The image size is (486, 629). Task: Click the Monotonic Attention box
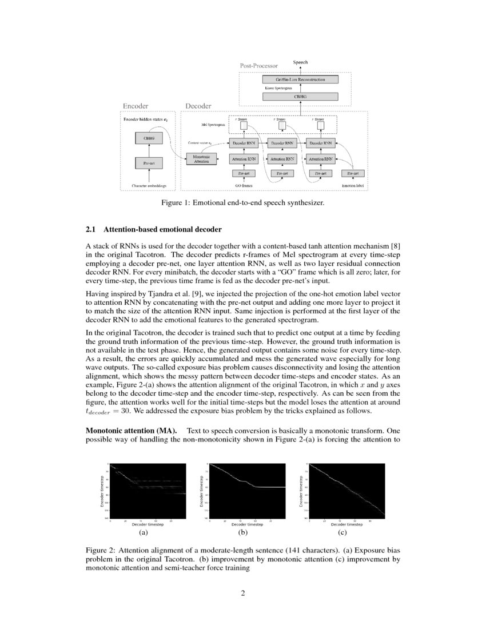coord(201,159)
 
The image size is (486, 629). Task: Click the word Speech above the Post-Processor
coord(301,61)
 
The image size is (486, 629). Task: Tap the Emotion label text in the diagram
coord(353,186)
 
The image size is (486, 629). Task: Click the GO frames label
coord(244,186)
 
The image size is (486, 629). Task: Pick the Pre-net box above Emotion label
coord(353,173)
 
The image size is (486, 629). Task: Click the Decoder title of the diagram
coord(198,106)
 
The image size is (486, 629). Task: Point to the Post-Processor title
coord(258,66)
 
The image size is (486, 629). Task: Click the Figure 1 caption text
coord(243,202)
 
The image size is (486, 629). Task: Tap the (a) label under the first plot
coord(144,532)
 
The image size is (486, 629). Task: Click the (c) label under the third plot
coord(342,532)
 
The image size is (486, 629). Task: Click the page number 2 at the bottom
coord(243,592)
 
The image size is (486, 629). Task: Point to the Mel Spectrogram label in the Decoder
coord(213,124)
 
